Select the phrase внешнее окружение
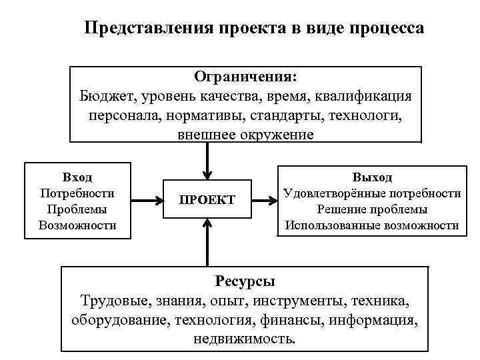245,134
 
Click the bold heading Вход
77,177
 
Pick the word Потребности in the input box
77,193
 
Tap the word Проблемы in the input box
77,209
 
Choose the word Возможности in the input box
77,225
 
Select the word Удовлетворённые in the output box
332,193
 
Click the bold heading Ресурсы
245,281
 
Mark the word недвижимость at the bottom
243,339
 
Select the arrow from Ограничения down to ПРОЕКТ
208,160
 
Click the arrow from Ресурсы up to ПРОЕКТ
208,243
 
